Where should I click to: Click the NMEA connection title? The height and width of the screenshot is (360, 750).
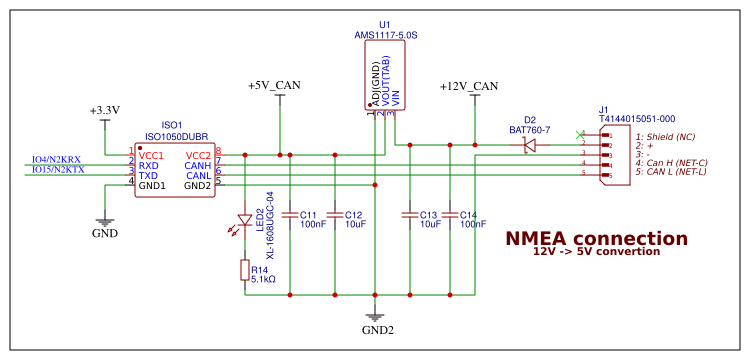pos(596,239)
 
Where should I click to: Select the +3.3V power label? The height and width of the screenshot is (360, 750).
pos(104,110)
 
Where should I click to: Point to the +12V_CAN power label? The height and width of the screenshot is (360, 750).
pos(468,86)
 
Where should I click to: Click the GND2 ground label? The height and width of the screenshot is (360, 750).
pos(378,329)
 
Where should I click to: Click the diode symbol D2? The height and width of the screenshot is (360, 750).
pos(530,145)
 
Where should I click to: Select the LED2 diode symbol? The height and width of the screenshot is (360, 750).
pos(245,220)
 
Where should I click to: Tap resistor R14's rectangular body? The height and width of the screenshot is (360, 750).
pos(245,269)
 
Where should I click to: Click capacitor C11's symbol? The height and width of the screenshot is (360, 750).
pos(290,214)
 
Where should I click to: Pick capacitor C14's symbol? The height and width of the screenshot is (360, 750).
pos(451,214)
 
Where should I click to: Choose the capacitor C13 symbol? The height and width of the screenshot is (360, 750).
pos(408,214)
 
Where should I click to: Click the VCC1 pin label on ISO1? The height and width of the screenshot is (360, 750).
pos(151,156)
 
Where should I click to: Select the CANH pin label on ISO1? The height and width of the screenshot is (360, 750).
pos(197,166)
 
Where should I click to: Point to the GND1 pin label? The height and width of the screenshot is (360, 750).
pos(152,186)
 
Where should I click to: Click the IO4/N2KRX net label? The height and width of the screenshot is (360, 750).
pos(57,159)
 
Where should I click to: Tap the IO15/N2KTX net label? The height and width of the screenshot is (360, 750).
pos(57,170)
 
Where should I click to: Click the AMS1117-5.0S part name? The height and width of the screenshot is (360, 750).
pos(385,35)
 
